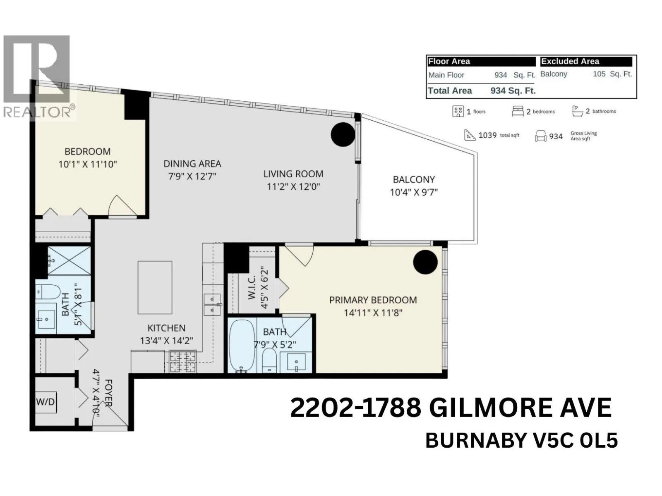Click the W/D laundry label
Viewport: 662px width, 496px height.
pyautogui.click(x=46, y=402)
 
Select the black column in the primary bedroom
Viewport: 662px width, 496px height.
pyautogui.click(x=425, y=262)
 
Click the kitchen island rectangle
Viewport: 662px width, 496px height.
pyautogui.click(x=155, y=288)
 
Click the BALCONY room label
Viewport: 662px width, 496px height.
pyautogui.click(x=414, y=179)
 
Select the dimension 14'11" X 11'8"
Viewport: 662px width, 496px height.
pyautogui.click(x=373, y=313)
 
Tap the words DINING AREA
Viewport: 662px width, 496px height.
pyautogui.click(x=192, y=164)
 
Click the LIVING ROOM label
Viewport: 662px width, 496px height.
pyautogui.click(x=293, y=174)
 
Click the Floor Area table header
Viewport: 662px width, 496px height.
pyautogui.click(x=449, y=62)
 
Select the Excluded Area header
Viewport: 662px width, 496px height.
pyautogui.click(x=570, y=62)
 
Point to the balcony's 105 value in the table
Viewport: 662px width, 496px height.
pyautogui.click(x=599, y=74)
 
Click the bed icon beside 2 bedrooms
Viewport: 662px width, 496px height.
pyautogui.click(x=518, y=111)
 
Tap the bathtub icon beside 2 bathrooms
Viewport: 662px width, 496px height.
pyautogui.click(x=577, y=111)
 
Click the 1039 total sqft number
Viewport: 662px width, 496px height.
pyautogui.click(x=487, y=135)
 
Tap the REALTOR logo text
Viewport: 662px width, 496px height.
pyautogui.click(x=36, y=112)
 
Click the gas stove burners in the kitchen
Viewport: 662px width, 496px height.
pyautogui.click(x=183, y=362)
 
